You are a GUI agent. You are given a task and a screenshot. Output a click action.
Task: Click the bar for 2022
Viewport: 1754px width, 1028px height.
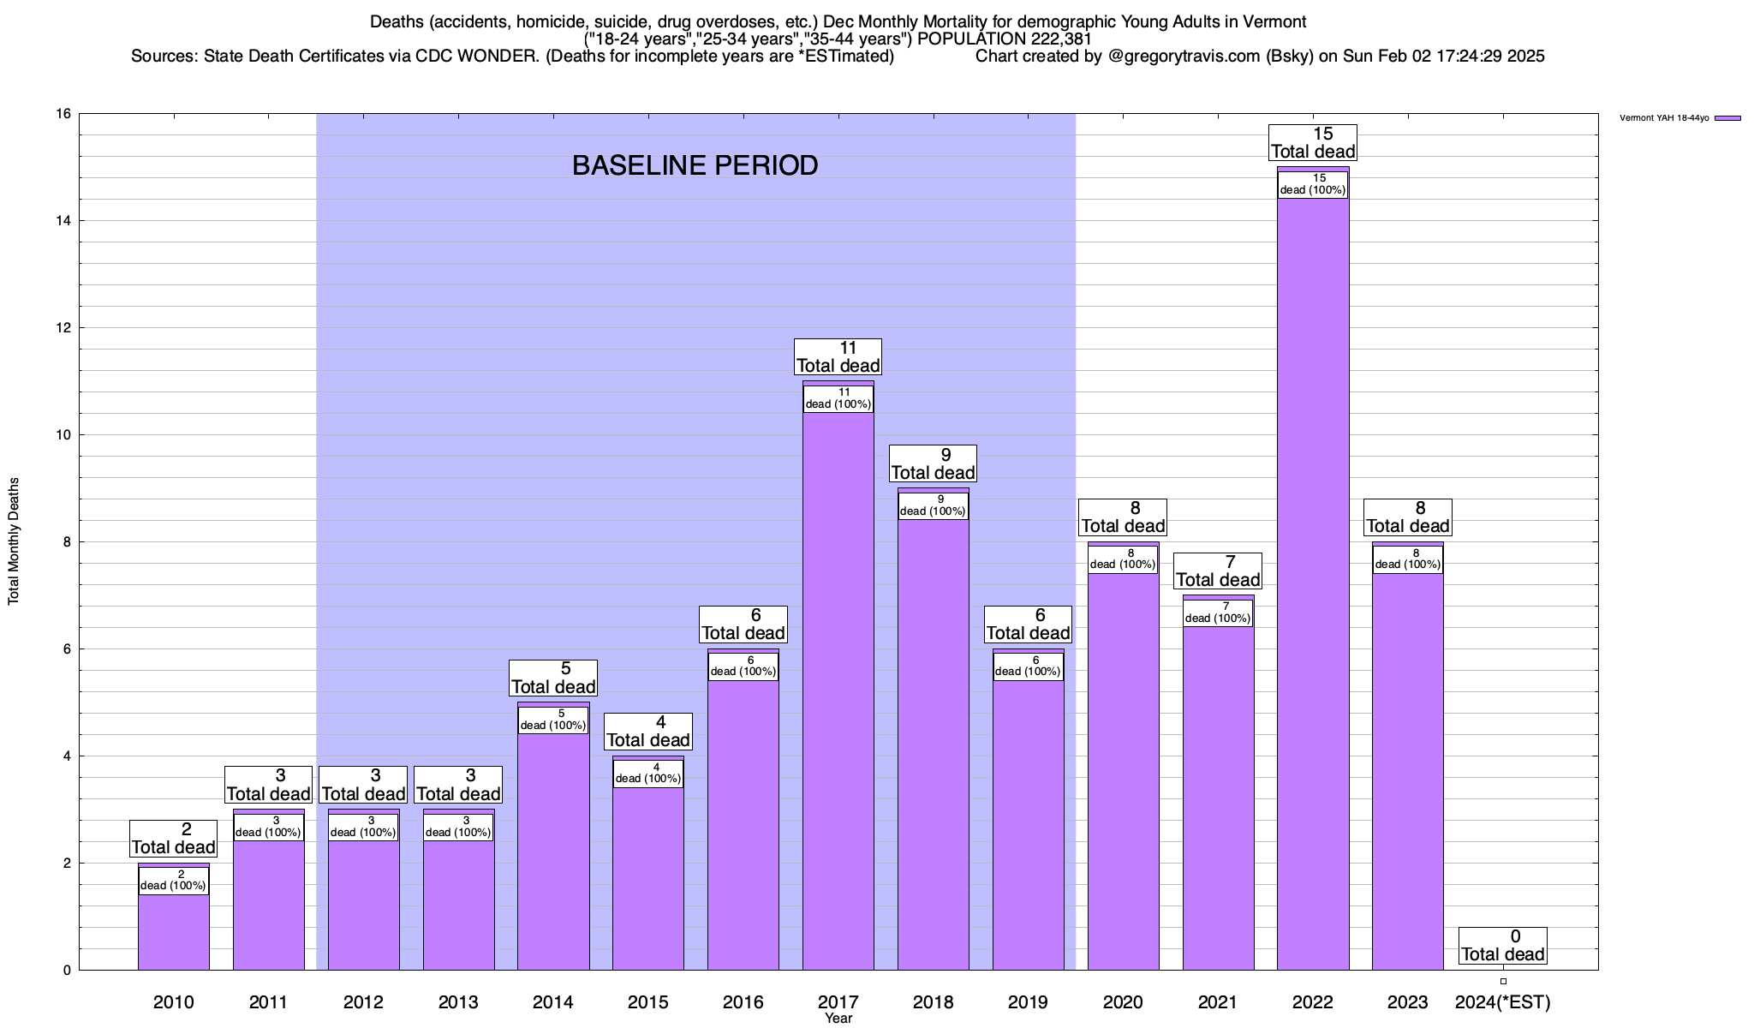1313,583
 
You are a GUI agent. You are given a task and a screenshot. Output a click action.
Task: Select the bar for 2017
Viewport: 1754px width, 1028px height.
838,685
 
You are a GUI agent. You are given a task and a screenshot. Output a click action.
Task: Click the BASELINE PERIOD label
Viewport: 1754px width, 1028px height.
695,165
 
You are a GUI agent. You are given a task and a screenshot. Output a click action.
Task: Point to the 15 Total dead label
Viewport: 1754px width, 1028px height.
1313,143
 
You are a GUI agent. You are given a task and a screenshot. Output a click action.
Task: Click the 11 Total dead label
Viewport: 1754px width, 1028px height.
838,357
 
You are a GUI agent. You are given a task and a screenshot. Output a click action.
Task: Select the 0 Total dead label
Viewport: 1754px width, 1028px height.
1503,946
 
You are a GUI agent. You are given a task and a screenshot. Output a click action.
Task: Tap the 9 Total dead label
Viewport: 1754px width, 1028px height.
934,464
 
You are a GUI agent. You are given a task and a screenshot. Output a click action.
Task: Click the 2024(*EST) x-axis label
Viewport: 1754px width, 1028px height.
1503,1002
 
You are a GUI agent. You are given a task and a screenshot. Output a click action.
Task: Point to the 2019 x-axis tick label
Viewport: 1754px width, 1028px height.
1028,1002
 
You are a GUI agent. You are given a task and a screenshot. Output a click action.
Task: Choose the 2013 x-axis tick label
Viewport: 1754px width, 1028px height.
458,1002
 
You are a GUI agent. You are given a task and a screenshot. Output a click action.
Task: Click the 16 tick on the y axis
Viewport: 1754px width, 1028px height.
63,114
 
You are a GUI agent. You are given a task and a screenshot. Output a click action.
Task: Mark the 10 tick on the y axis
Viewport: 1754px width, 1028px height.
63,435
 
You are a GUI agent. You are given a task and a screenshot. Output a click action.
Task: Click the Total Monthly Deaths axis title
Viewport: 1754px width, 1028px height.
14,541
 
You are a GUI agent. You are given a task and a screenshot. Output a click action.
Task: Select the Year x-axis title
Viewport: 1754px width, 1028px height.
838,1019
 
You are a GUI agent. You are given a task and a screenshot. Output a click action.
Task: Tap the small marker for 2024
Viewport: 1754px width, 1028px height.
1503,981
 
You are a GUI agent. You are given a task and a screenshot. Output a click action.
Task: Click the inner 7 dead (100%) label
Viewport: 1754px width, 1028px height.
1218,613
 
